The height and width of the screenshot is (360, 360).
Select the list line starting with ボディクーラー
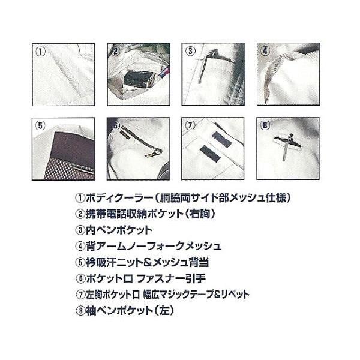[x=178, y=197]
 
